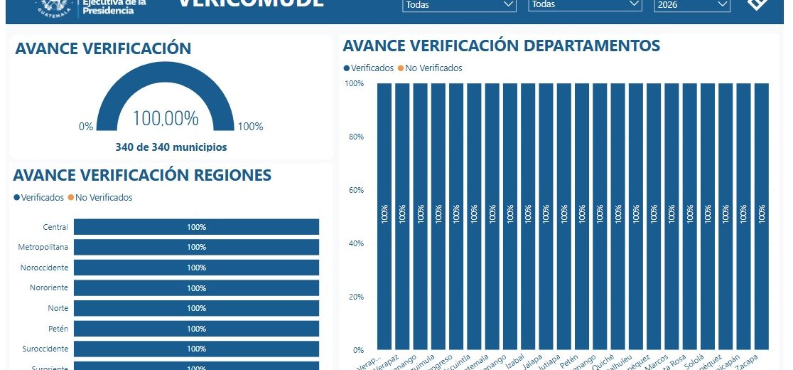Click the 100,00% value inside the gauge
point(165,119)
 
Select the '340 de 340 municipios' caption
point(171,147)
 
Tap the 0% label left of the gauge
point(86,127)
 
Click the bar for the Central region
point(196,227)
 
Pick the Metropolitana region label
point(43,247)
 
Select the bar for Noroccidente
point(196,268)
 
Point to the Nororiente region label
point(49,287)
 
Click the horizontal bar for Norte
point(196,308)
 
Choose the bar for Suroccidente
point(196,349)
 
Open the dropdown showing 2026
point(692,5)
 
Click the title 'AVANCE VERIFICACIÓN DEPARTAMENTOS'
point(502,46)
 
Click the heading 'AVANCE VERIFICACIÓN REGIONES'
point(142,175)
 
